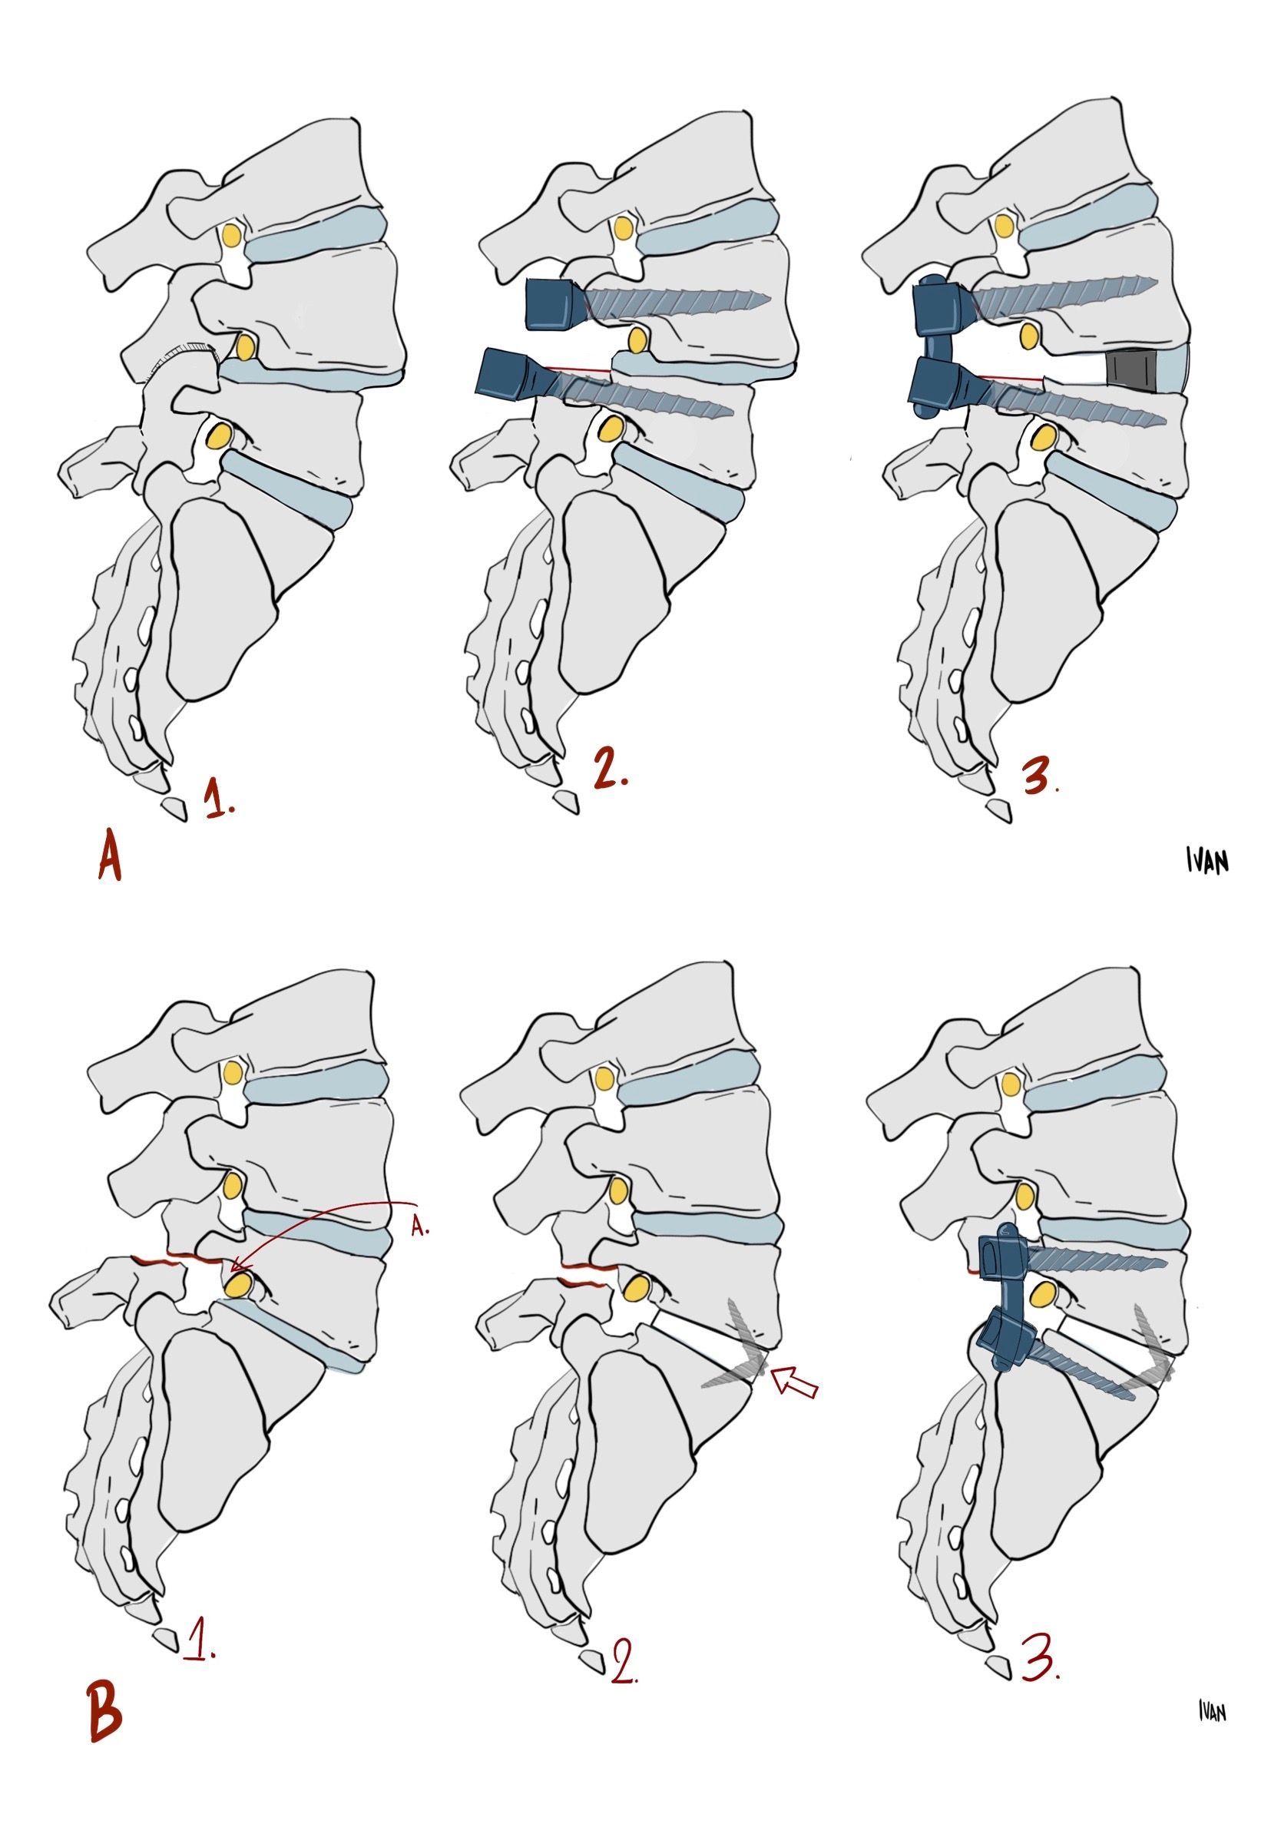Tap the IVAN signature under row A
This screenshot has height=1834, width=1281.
[1206, 861]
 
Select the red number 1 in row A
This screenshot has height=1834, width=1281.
[218, 799]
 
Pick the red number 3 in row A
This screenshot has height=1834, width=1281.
[1039, 773]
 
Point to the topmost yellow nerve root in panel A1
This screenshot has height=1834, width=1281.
[232, 235]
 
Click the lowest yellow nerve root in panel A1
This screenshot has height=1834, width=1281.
[220, 436]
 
